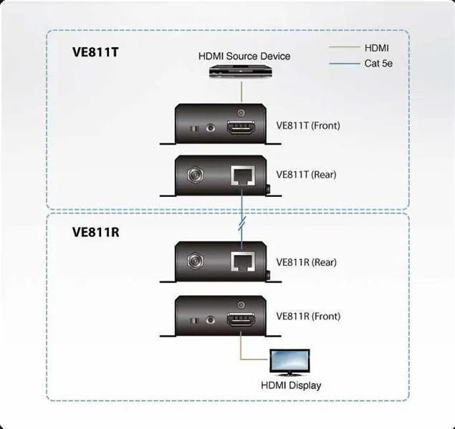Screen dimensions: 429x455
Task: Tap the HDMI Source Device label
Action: (x=244, y=56)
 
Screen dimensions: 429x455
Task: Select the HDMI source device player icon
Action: (x=242, y=72)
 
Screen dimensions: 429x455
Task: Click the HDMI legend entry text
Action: (x=376, y=48)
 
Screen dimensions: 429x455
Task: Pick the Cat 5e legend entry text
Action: (x=378, y=64)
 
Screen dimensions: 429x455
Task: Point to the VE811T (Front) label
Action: (x=308, y=125)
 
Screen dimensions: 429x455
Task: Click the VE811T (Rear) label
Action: (x=306, y=174)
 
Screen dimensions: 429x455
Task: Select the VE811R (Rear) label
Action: (x=306, y=262)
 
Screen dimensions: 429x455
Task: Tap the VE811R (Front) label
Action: (x=308, y=316)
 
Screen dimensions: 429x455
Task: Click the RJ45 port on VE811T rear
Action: (x=241, y=175)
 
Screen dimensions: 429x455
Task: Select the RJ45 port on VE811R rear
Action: (x=241, y=262)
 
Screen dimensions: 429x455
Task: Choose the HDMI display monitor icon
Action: (x=289, y=362)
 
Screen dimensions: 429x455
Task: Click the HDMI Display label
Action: (x=291, y=385)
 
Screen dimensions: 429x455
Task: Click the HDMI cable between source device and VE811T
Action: (x=242, y=92)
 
